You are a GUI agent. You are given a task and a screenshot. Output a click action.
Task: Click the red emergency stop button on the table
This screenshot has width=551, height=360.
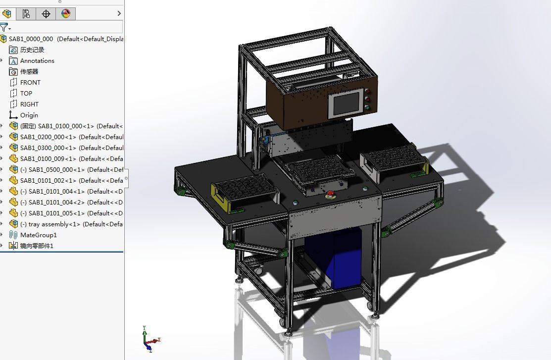tap(328, 194)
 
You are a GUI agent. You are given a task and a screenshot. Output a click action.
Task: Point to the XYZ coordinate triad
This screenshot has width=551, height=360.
tap(149, 340)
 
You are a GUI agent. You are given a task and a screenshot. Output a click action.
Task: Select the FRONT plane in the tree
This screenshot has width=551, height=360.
tap(30, 83)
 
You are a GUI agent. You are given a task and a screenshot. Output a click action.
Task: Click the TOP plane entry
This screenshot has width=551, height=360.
tap(26, 94)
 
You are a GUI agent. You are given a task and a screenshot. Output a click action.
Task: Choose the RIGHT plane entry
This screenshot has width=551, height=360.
tap(29, 104)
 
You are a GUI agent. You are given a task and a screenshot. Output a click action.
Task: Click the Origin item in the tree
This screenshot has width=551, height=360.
tap(29, 115)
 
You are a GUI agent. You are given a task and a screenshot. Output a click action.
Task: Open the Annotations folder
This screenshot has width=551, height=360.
tap(37, 61)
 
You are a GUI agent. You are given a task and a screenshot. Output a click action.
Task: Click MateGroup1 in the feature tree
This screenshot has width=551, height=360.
tap(38, 235)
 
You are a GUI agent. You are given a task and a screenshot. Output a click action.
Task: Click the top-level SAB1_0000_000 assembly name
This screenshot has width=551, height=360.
tap(31, 39)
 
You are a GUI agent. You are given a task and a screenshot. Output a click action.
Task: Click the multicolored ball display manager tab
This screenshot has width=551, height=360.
tap(66, 14)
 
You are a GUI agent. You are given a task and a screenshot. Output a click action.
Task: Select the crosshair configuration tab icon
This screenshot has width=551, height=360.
tap(46, 14)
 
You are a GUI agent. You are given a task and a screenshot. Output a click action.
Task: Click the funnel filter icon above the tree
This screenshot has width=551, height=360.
tap(4, 27)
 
